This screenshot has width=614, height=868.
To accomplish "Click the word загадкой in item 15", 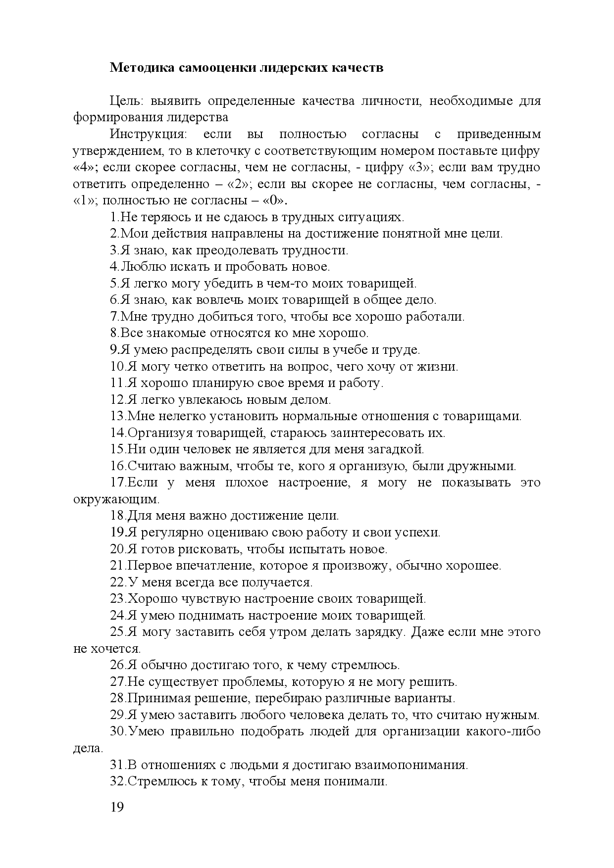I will [400, 449].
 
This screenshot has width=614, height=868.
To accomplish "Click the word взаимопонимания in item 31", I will [411, 765].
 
